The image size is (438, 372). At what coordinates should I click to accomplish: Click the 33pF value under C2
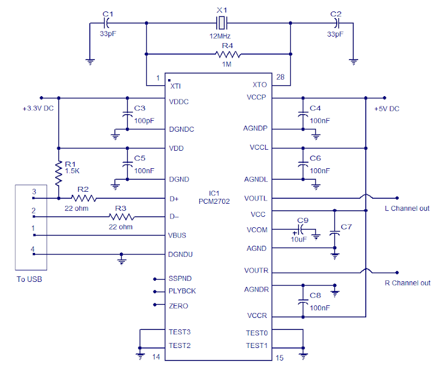click(336, 34)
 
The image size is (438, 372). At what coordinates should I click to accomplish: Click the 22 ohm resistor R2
click(83, 198)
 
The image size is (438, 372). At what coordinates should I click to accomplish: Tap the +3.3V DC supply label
click(38, 109)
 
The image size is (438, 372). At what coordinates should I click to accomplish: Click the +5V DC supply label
click(387, 109)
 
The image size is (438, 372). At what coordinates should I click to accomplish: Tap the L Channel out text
click(406, 208)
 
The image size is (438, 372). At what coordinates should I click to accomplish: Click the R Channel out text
click(406, 282)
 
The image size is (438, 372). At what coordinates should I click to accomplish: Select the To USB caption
click(29, 280)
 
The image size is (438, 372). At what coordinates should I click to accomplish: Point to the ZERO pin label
click(178, 306)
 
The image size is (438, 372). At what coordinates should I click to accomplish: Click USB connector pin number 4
click(33, 249)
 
